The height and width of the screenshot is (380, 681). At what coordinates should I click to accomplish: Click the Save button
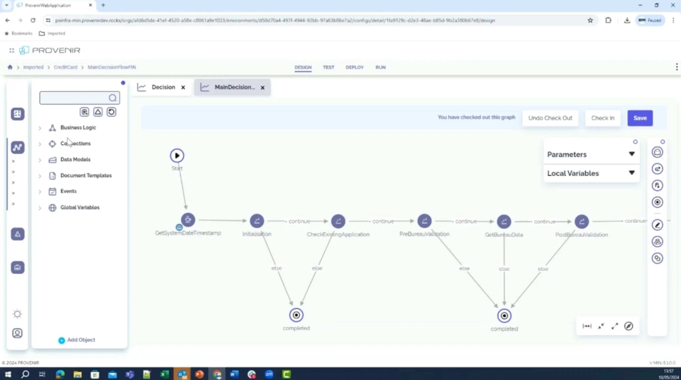tap(640, 118)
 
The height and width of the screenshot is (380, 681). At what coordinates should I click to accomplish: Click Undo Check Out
tap(550, 118)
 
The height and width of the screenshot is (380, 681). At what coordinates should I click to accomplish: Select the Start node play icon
tap(177, 155)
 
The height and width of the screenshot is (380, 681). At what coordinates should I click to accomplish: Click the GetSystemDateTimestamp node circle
tap(188, 220)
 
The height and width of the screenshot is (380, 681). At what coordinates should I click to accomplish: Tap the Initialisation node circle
tap(257, 221)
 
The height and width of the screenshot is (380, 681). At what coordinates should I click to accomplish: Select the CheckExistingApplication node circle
tap(338, 221)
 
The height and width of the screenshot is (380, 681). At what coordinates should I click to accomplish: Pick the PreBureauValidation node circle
tap(424, 221)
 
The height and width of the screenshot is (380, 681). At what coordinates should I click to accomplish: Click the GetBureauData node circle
tap(504, 221)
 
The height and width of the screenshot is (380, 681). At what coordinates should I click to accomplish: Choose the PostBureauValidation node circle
tap(582, 221)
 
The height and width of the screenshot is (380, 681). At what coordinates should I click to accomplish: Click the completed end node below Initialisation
tap(296, 315)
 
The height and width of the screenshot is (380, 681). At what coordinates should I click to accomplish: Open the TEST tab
tap(328, 67)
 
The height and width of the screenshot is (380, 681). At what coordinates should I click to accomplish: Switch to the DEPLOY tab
tap(354, 67)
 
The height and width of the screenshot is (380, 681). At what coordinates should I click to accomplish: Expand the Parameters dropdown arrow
tap(631, 154)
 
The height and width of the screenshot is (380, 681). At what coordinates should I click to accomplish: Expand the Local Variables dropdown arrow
tap(631, 173)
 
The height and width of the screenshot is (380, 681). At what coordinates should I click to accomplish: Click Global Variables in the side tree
tap(80, 207)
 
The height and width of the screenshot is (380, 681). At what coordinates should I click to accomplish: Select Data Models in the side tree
tap(75, 159)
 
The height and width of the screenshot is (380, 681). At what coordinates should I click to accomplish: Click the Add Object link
tap(81, 340)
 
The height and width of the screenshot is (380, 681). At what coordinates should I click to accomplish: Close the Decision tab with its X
tap(183, 87)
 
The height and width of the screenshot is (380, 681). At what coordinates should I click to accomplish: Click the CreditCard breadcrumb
tap(66, 67)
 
